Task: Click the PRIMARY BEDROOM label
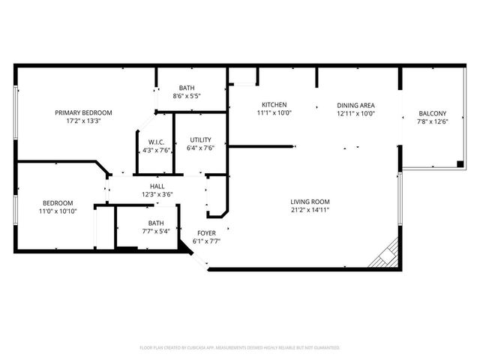pyautogui.click(x=88, y=112)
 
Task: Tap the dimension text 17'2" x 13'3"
pyautogui.click(x=88, y=121)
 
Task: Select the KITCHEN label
pyautogui.click(x=274, y=104)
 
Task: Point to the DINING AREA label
pyautogui.click(x=355, y=105)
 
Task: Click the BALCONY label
pyautogui.click(x=432, y=114)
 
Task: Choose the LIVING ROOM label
pyautogui.click(x=310, y=201)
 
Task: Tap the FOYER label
pyautogui.click(x=207, y=233)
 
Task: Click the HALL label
pyautogui.click(x=157, y=186)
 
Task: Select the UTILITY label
pyautogui.click(x=200, y=139)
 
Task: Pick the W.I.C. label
pyautogui.click(x=156, y=141)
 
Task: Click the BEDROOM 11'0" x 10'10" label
pyautogui.click(x=57, y=203)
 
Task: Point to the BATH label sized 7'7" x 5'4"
pyautogui.click(x=155, y=223)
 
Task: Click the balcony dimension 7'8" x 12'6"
pyautogui.click(x=432, y=123)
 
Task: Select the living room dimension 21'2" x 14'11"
pyautogui.click(x=310, y=210)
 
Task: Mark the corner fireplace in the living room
pyautogui.click(x=385, y=255)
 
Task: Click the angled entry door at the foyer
pyautogui.click(x=197, y=257)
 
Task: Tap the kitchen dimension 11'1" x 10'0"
pyautogui.click(x=274, y=113)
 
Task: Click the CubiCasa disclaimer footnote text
pyautogui.click(x=240, y=348)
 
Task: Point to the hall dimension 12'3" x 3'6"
pyautogui.click(x=157, y=195)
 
